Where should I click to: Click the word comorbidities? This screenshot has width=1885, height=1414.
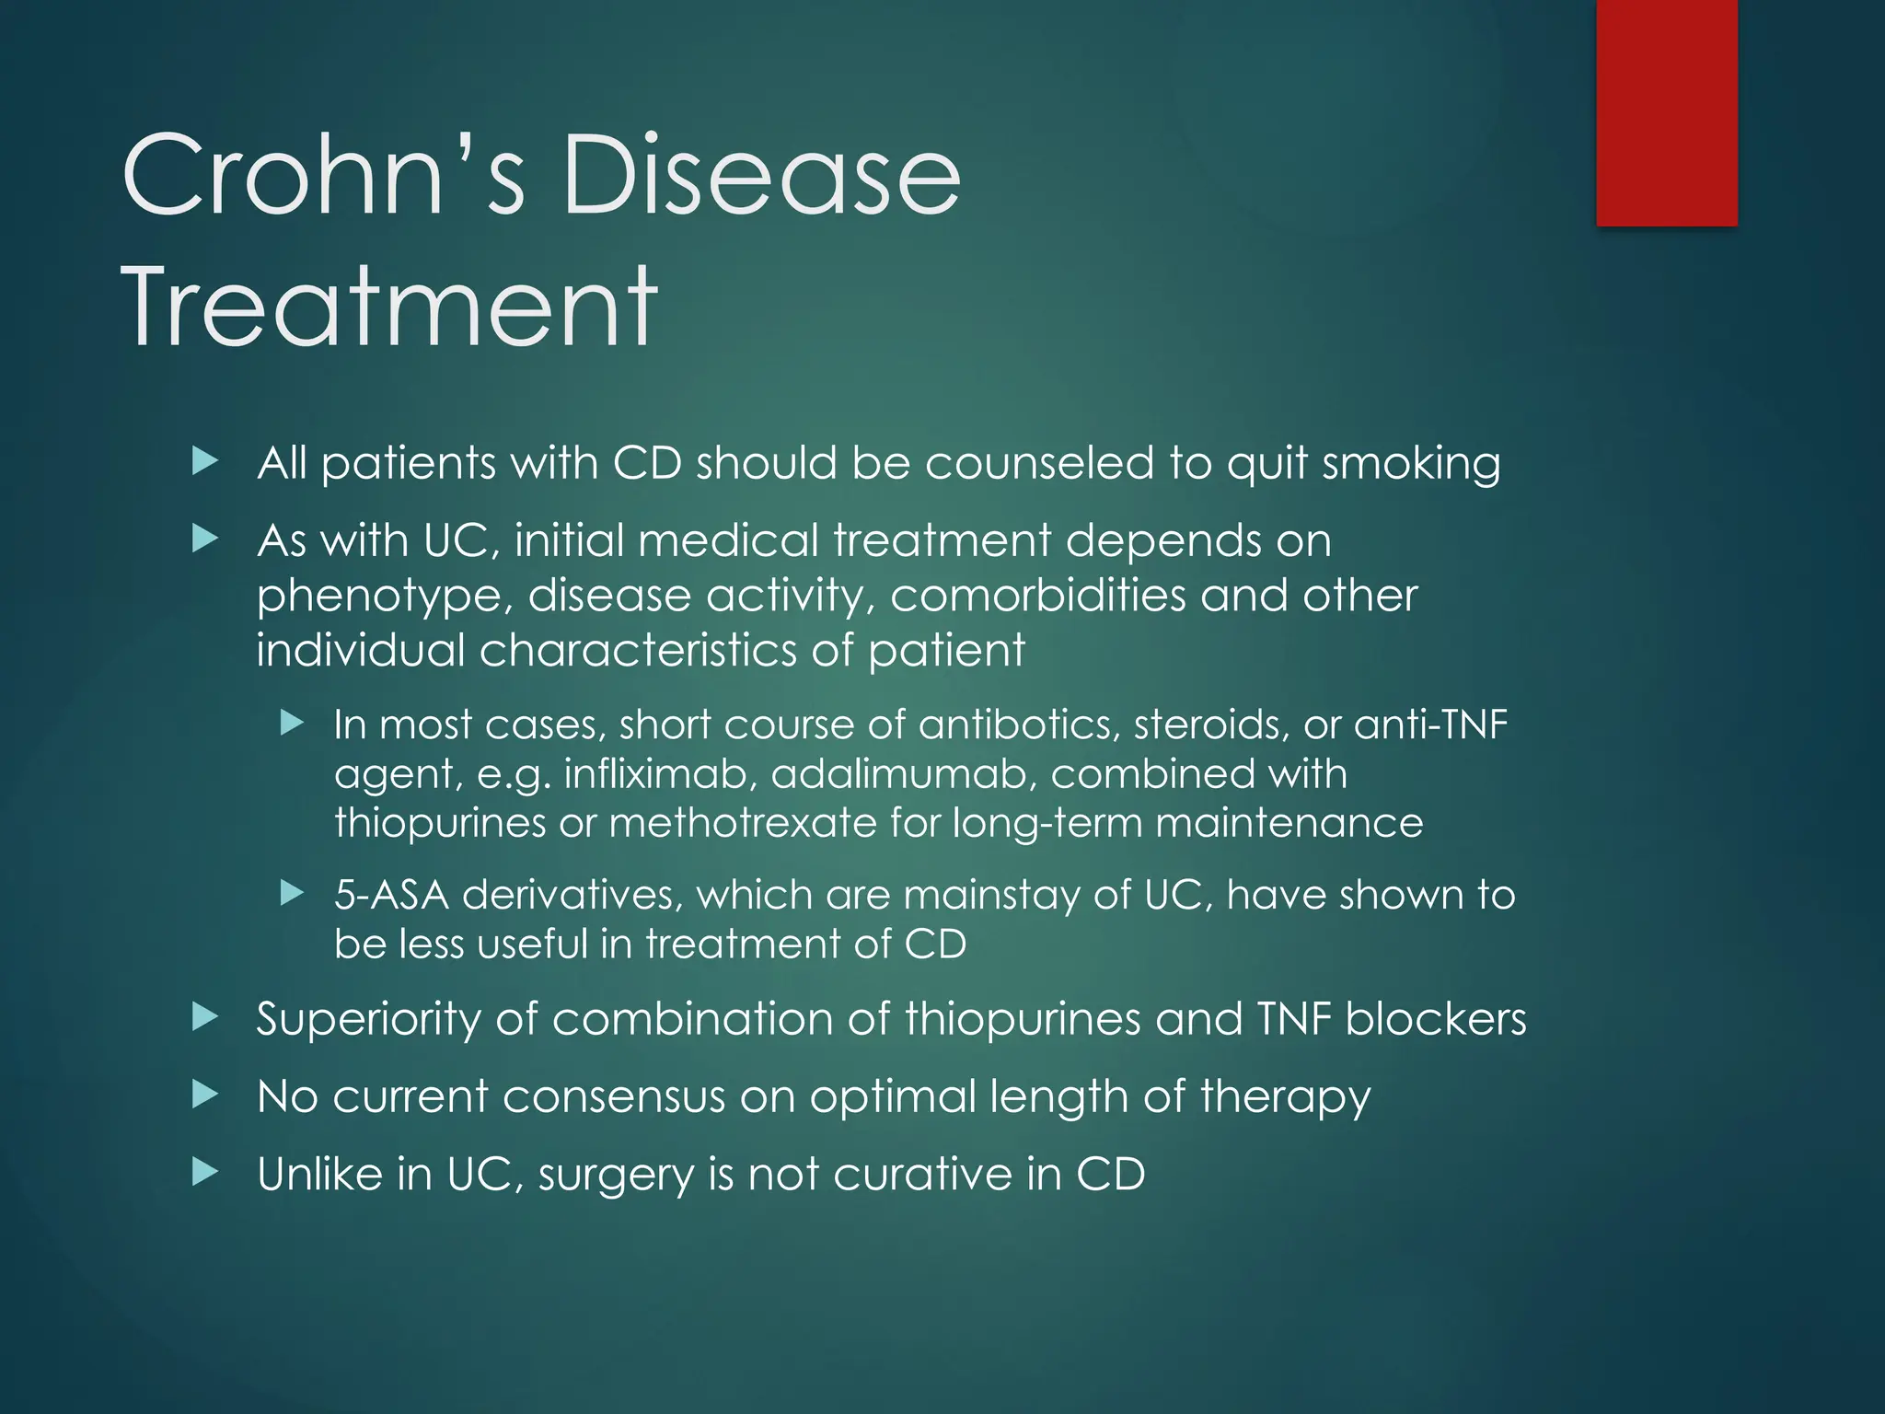click(x=1037, y=596)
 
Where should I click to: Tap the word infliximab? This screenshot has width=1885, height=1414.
click(x=660, y=774)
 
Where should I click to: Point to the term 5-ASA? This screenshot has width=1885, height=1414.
click(x=391, y=895)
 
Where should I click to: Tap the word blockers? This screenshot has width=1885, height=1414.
click(x=1435, y=1019)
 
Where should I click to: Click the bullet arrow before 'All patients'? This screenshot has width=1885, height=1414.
click(x=205, y=461)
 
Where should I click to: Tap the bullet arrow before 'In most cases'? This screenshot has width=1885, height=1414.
click(x=292, y=723)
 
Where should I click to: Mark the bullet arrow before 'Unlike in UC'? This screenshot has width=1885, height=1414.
click(x=205, y=1173)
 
